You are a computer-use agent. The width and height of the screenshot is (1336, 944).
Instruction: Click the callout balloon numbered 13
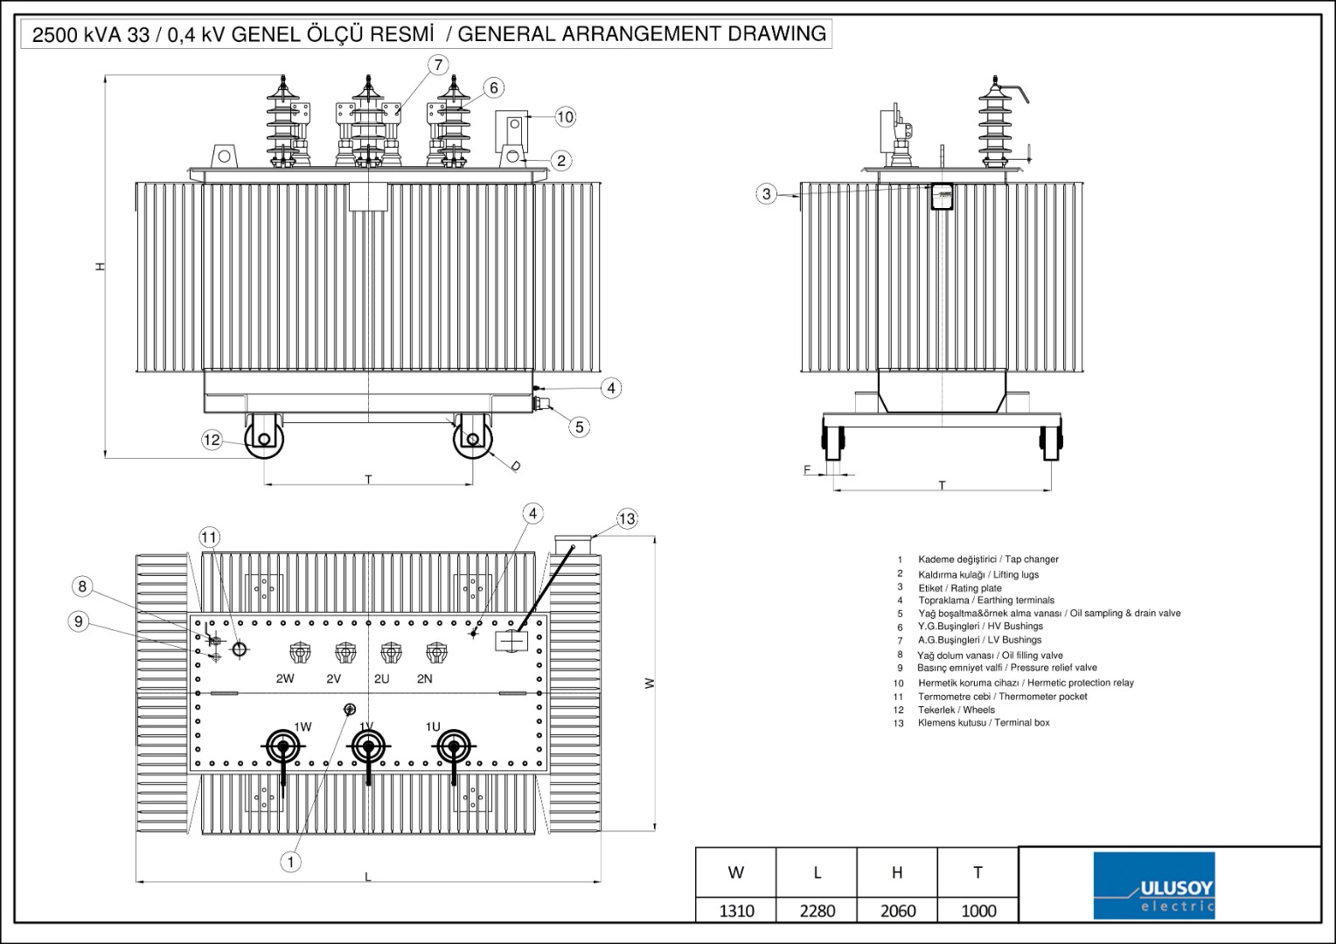coord(627,519)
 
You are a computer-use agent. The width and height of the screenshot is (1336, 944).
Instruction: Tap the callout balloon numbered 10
coord(565,116)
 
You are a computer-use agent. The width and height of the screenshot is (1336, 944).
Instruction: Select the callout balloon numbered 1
coord(291,862)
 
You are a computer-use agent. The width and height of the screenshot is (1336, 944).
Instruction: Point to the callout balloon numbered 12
coord(212,440)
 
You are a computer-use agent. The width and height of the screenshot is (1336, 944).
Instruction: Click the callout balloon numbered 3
coord(767,194)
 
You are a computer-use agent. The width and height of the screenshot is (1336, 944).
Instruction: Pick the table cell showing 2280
coord(817,910)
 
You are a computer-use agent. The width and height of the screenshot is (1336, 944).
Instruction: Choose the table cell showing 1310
coord(736,910)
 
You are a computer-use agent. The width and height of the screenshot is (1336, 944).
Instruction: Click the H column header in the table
coord(897,872)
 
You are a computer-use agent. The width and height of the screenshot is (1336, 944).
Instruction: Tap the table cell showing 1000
coord(978,910)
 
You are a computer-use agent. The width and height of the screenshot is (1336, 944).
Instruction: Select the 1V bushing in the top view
coord(367,746)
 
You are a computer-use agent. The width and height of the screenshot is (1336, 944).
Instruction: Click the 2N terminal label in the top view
coord(425,678)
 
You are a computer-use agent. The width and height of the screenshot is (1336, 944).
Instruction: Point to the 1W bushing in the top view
coord(283,746)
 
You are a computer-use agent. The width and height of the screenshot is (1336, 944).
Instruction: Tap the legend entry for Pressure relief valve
coord(1007,668)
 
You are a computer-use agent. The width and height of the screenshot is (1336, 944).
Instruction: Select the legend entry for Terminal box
coord(984,723)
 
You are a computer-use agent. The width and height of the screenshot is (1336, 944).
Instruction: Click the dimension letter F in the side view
coord(807,470)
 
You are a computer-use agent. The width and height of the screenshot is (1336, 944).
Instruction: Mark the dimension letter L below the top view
coord(368,876)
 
